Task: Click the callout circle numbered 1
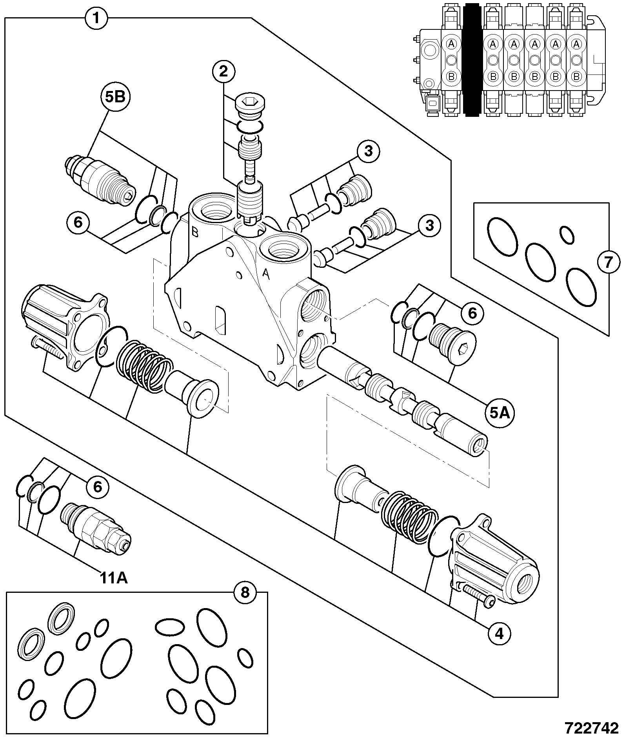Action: point(97,18)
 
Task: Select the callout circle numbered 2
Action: point(223,71)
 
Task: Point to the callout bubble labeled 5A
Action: point(500,413)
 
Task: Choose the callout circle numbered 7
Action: point(608,262)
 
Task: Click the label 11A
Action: point(113,578)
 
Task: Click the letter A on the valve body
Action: point(266,275)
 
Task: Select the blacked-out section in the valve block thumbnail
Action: point(472,60)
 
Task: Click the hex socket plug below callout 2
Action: point(251,107)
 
